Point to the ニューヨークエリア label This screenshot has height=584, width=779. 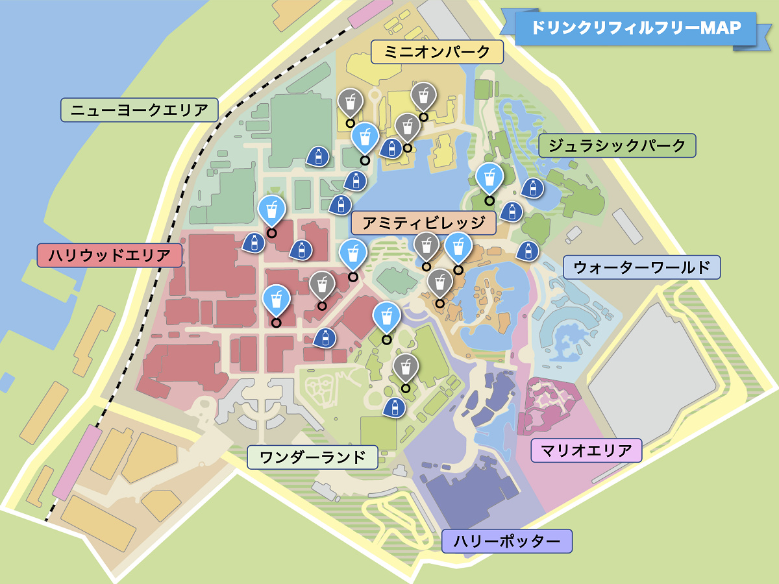(139, 110)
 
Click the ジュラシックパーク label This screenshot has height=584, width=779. (617, 145)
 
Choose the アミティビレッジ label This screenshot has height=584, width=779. (423, 223)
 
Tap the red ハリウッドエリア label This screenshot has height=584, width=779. (109, 255)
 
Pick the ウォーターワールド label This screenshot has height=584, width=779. (641, 267)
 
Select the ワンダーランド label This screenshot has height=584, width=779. (312, 457)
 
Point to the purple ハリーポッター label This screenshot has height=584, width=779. (506, 541)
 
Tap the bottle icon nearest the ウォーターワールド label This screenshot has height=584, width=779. (528, 250)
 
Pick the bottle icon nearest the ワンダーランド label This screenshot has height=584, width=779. (393, 408)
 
